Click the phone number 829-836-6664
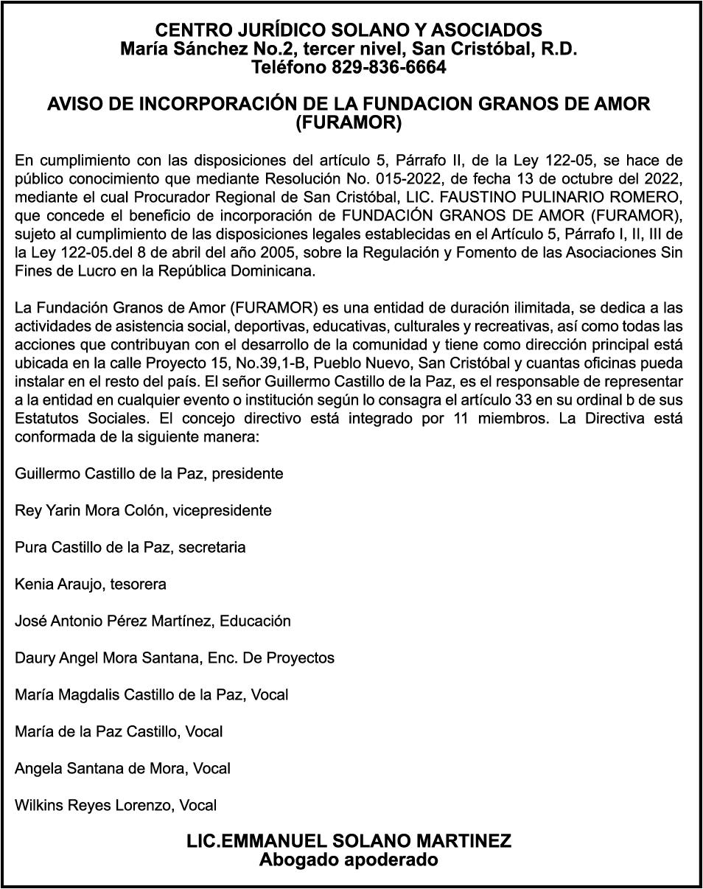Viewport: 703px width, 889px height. (x=388, y=68)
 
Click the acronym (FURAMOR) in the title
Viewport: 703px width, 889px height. (x=349, y=123)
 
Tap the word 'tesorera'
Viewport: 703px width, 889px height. (x=139, y=584)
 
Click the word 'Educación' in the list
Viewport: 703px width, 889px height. (x=255, y=621)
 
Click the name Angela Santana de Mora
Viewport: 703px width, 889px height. (x=100, y=768)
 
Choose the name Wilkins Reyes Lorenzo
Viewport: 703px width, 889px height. (x=94, y=805)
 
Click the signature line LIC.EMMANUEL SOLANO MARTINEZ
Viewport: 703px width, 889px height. (x=349, y=842)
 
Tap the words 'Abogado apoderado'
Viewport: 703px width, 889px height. (x=349, y=860)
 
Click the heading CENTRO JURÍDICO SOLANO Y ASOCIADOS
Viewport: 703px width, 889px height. (x=349, y=30)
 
